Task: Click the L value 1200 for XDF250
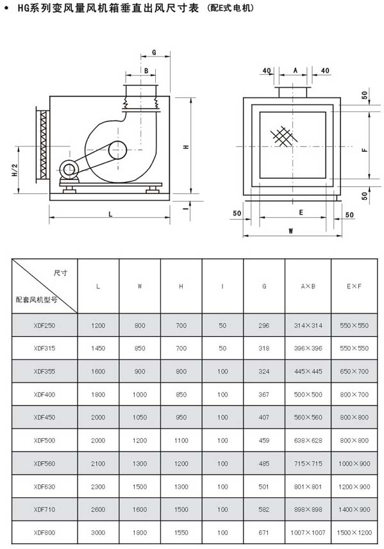[x=98, y=325]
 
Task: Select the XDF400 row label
[x=44, y=394]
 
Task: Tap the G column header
[x=264, y=286]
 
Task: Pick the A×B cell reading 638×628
[x=308, y=441]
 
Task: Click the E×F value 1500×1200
[x=355, y=532]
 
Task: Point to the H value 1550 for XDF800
[x=181, y=532]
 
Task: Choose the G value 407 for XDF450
[x=264, y=417]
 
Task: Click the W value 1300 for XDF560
[x=140, y=464]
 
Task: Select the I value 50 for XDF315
[x=222, y=348]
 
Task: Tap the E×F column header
[x=355, y=286]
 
